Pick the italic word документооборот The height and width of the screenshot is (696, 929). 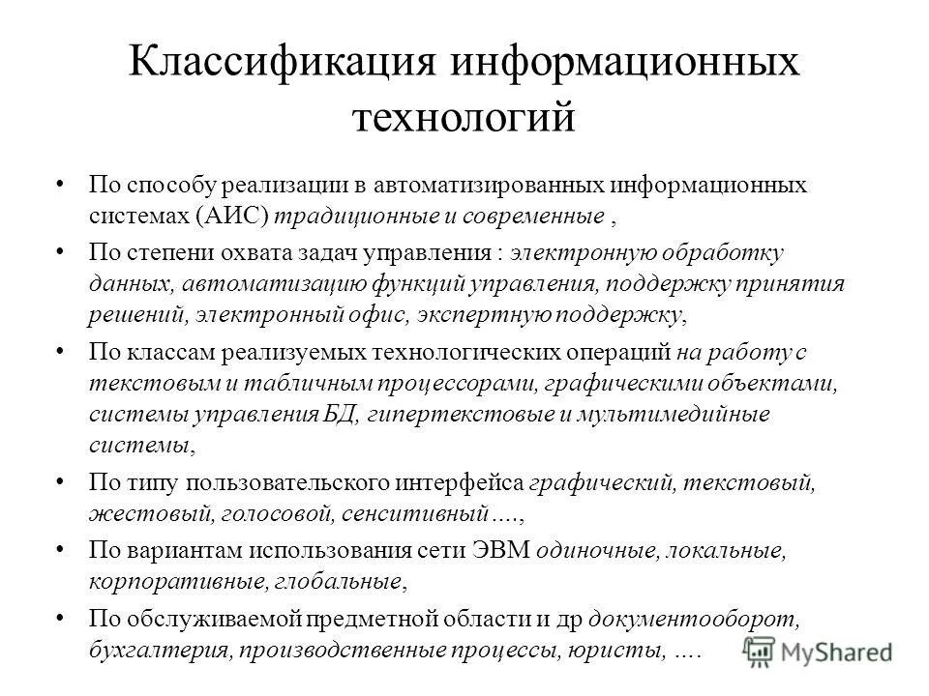pyautogui.click(x=691, y=619)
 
